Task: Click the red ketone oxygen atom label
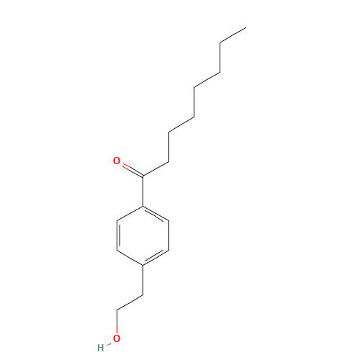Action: point(117,161)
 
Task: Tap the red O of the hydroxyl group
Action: point(117,338)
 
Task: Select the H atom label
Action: point(101,347)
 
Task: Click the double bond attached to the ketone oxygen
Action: point(132,170)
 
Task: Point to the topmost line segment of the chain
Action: point(233,37)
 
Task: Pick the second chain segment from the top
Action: point(207,60)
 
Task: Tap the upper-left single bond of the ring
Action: point(130,215)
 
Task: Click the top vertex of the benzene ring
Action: point(143,207)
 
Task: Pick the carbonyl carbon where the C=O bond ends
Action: point(143,176)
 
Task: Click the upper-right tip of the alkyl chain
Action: point(246,29)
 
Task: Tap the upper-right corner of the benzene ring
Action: point(169,222)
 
